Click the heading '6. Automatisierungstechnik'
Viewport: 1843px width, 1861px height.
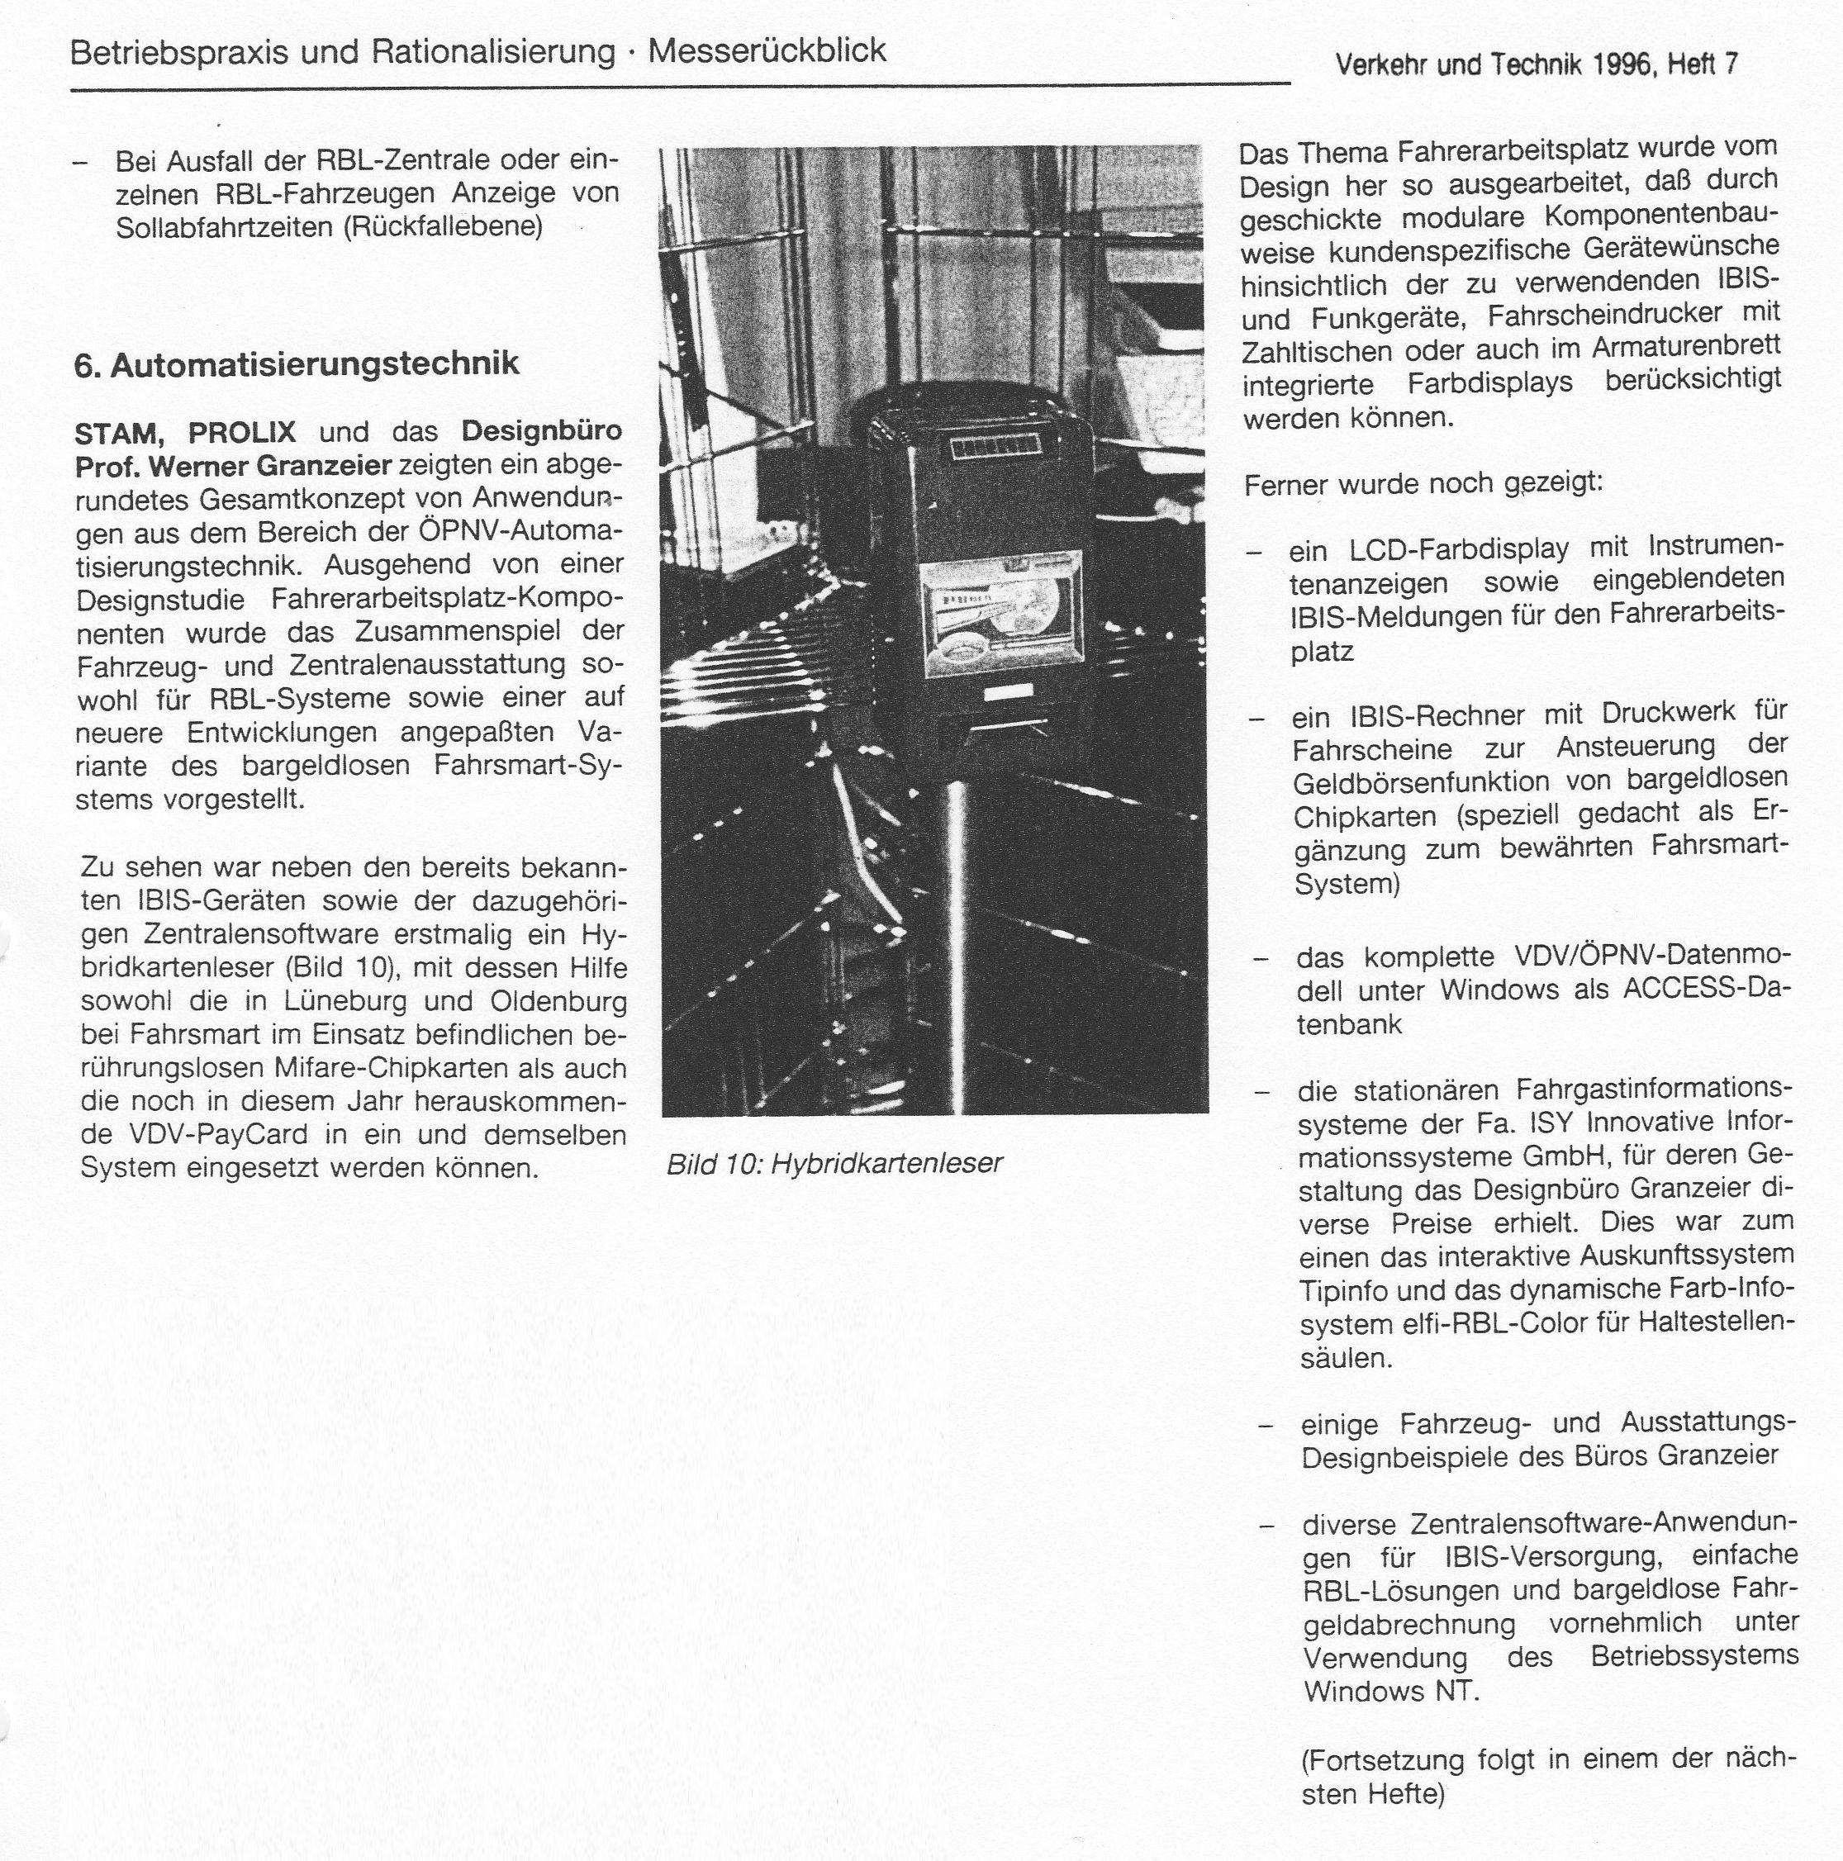(296, 364)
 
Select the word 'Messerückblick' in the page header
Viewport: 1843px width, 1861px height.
(766, 50)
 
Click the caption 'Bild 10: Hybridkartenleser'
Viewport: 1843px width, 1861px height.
(834, 1164)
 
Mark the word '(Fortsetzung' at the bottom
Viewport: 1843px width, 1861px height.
(1383, 1761)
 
